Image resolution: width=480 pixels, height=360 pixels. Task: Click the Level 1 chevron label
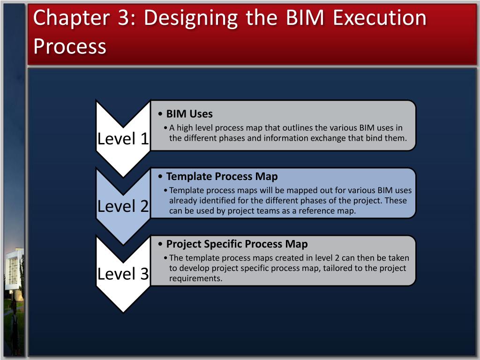(123, 138)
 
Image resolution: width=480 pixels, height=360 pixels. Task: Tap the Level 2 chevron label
(123, 206)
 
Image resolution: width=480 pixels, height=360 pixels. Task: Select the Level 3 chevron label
(123, 274)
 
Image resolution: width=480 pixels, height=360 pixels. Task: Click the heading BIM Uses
(189, 114)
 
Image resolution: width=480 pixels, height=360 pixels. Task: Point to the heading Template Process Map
(222, 177)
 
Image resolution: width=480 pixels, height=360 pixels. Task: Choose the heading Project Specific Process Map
(237, 244)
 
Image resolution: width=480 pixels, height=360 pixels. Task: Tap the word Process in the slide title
(70, 46)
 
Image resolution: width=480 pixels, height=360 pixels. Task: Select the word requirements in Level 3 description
(195, 278)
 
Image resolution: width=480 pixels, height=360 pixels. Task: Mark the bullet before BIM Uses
(161, 114)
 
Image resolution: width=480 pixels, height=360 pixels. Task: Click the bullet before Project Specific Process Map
(161, 245)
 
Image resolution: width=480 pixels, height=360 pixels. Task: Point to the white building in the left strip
(13, 272)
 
